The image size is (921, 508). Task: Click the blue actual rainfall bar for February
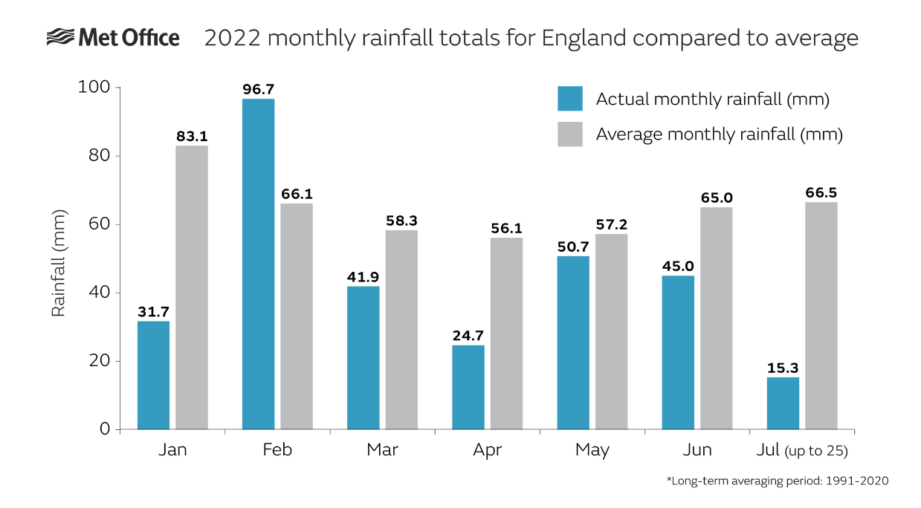click(x=258, y=264)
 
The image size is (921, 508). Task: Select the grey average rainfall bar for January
click(x=192, y=287)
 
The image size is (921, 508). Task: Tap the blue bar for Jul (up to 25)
click(x=783, y=403)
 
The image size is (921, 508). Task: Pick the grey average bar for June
click(x=717, y=318)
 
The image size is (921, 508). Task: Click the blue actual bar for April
click(x=468, y=387)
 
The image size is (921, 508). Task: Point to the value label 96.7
click(x=258, y=89)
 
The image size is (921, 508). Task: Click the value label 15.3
click(x=783, y=368)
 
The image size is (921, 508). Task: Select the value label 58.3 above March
click(x=401, y=221)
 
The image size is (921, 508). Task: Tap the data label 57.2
click(x=612, y=224)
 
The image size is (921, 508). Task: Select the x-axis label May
click(x=592, y=450)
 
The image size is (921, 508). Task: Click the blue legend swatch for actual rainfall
click(x=570, y=99)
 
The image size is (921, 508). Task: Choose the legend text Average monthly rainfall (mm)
click(x=719, y=134)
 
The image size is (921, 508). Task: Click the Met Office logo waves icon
click(x=60, y=37)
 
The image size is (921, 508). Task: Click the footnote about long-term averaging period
click(x=777, y=481)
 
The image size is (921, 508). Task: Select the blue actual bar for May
click(x=573, y=342)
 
